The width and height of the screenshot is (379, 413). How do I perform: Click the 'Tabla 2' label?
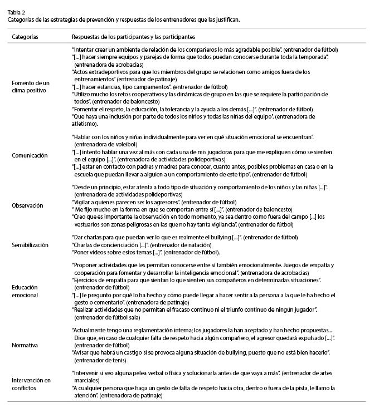click(16, 12)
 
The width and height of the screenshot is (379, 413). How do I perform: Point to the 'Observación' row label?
click(28, 205)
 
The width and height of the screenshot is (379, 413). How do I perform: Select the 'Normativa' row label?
click(25, 345)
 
